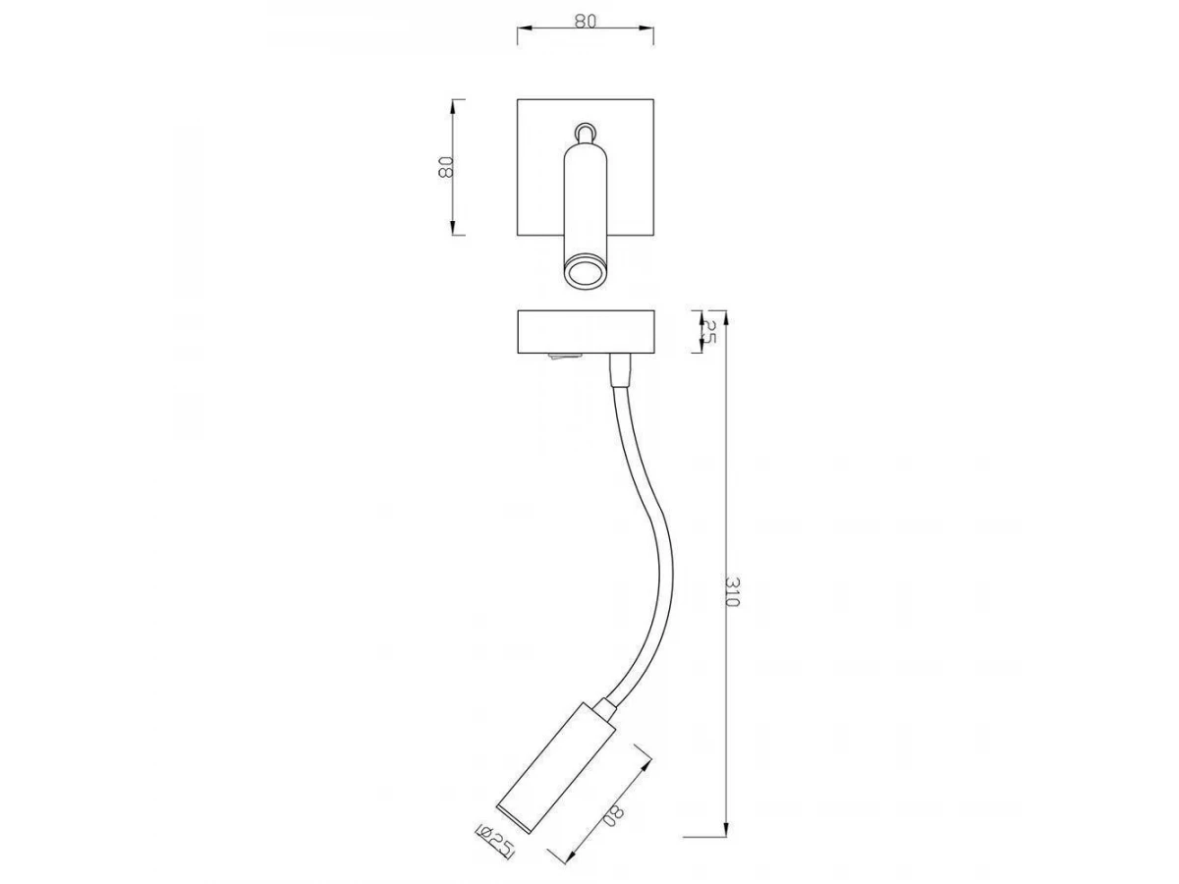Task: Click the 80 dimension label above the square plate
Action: click(585, 21)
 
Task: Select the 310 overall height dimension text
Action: click(732, 591)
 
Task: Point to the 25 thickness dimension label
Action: click(709, 332)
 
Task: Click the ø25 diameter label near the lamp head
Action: click(494, 854)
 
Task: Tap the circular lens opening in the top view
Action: click(585, 275)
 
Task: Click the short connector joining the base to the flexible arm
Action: click(619, 370)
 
